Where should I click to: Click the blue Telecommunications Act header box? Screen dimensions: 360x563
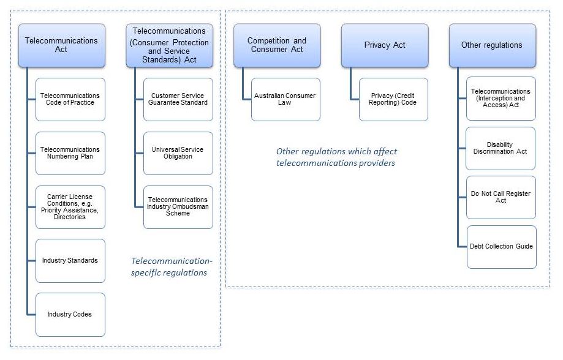point(61,45)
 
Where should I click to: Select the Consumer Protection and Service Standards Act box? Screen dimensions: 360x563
point(170,45)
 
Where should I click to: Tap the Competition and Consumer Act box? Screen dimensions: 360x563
point(277,45)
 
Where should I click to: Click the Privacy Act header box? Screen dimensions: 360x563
point(385,45)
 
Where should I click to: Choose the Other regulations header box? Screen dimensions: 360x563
point(492,45)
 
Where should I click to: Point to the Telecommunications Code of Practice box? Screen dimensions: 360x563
point(70,99)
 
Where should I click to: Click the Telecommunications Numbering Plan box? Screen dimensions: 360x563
point(70,153)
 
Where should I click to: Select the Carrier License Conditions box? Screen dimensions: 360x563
point(70,207)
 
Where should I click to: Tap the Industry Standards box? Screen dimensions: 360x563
point(70,261)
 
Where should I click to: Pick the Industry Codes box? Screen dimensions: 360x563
point(70,315)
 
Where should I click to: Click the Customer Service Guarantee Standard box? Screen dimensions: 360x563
point(178,99)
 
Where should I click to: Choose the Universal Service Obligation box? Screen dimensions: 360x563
point(178,153)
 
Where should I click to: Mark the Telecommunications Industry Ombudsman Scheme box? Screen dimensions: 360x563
point(178,207)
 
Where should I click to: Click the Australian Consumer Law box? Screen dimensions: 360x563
point(286,99)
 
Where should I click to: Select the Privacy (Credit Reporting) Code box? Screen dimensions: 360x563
point(393,99)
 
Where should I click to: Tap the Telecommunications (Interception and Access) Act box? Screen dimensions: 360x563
point(501,98)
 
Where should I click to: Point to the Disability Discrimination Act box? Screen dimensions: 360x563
point(501,148)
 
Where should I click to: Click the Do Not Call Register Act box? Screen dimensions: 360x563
point(501,197)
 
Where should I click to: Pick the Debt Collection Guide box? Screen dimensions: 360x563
point(501,247)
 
